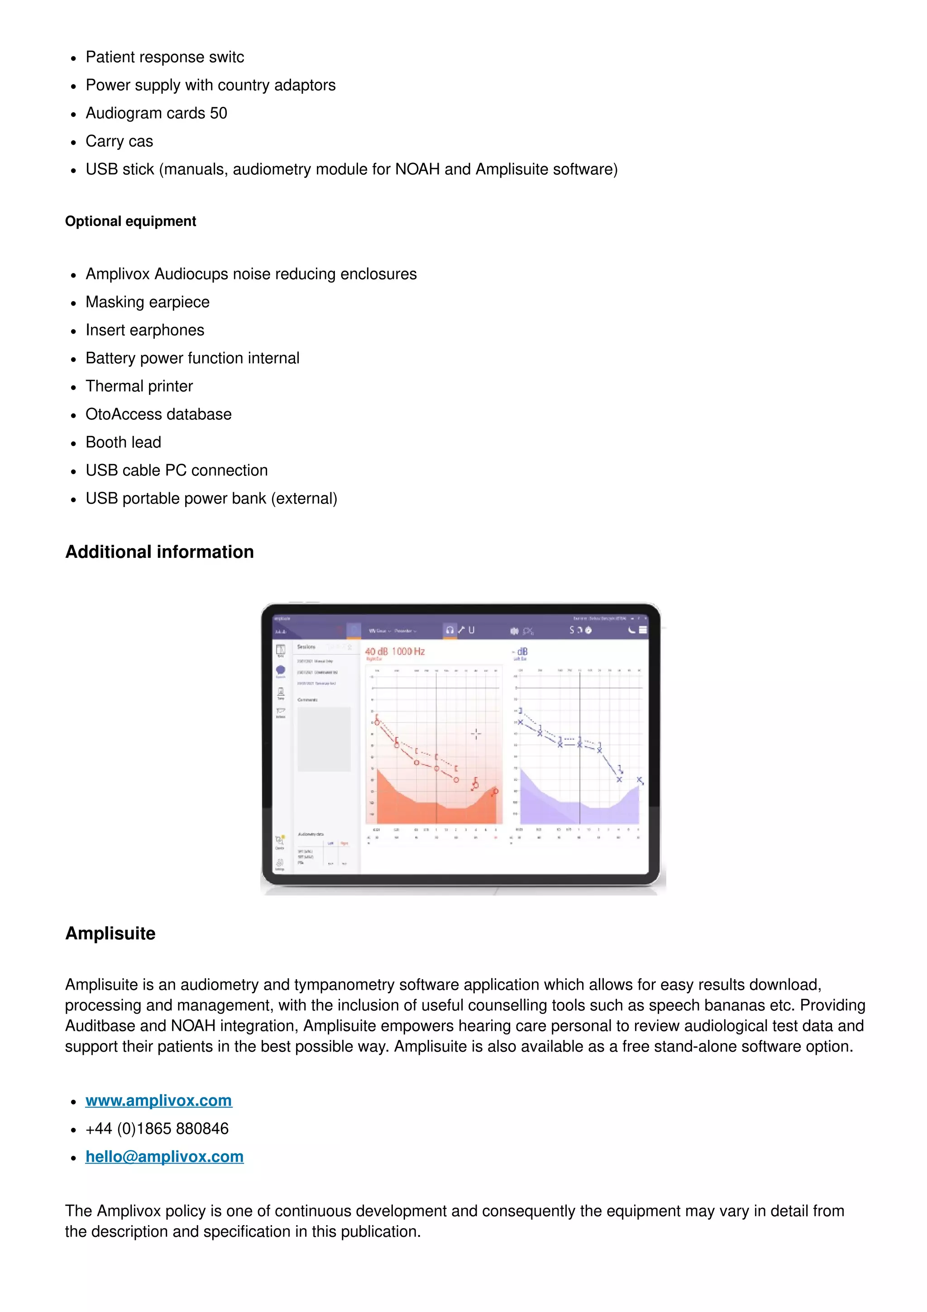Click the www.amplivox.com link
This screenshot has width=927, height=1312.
tap(158, 1101)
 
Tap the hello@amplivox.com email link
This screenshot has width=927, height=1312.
tap(164, 1157)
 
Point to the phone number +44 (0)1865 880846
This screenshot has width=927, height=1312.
tap(157, 1129)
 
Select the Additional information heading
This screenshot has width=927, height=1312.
tap(159, 552)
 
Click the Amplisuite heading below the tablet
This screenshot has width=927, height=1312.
tap(110, 933)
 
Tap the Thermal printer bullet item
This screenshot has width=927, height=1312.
tap(139, 386)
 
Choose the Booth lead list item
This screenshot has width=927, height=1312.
tap(124, 442)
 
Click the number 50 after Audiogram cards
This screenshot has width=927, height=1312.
tap(218, 113)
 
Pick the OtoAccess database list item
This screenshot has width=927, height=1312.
tap(158, 414)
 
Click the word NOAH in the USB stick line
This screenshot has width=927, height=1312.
tap(417, 169)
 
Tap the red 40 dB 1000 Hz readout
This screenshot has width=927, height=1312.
tap(395, 651)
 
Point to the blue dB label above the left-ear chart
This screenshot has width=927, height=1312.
tap(522, 651)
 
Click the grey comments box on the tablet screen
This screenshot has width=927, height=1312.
tap(324, 739)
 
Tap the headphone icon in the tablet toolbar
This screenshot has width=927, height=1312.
tap(450, 630)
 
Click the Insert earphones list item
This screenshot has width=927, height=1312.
tap(144, 330)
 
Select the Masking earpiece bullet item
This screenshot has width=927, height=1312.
tap(148, 302)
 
